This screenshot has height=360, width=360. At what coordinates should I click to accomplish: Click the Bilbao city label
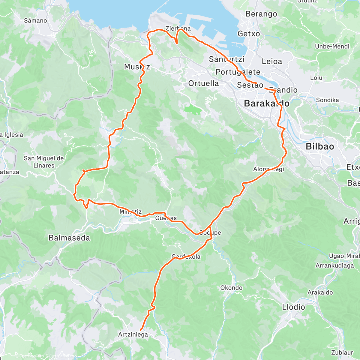pyautogui.click(x=319, y=146)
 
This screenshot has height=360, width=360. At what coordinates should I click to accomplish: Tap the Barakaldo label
pyautogui.click(x=267, y=103)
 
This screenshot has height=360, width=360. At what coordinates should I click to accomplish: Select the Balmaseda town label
pyautogui.click(x=69, y=238)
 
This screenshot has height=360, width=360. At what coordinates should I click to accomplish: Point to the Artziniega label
pyautogui.click(x=133, y=334)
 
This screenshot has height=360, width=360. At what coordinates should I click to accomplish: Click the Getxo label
pyautogui.click(x=249, y=34)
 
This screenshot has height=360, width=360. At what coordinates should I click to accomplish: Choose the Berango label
pyautogui.click(x=261, y=14)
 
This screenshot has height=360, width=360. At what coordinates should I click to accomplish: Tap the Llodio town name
pyautogui.click(x=293, y=307)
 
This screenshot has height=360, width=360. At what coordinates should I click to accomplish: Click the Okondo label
pyautogui.click(x=231, y=288)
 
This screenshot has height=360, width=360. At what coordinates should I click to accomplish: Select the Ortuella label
pyautogui.click(x=203, y=83)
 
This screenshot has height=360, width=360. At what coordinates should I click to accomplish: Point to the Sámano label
pyautogui.click(x=35, y=21)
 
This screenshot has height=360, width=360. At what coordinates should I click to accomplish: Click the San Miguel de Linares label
pyautogui.click(x=44, y=162)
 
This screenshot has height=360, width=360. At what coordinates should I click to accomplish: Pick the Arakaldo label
pyautogui.click(x=320, y=292)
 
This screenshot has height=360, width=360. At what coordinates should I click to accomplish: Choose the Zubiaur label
pyautogui.click(x=342, y=352)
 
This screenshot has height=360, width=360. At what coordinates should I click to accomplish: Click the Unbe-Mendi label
pyautogui.click(x=332, y=46)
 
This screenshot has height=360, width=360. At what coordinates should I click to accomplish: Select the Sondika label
pyautogui.click(x=327, y=100)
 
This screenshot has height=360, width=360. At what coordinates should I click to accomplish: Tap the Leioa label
pyautogui.click(x=272, y=61)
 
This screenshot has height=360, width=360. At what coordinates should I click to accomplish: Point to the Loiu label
pyautogui.click(x=316, y=78)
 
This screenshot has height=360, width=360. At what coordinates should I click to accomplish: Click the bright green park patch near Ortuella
pyautogui.click(x=193, y=109)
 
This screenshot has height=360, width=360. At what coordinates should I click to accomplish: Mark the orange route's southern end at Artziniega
pyautogui.click(x=141, y=330)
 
